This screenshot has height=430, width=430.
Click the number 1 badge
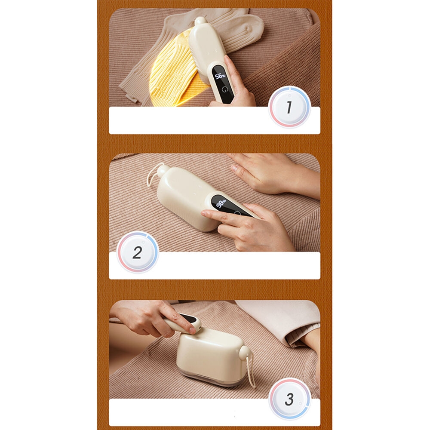click(289, 107)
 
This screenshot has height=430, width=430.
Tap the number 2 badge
click(138, 252)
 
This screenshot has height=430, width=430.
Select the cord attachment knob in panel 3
click(244, 351)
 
